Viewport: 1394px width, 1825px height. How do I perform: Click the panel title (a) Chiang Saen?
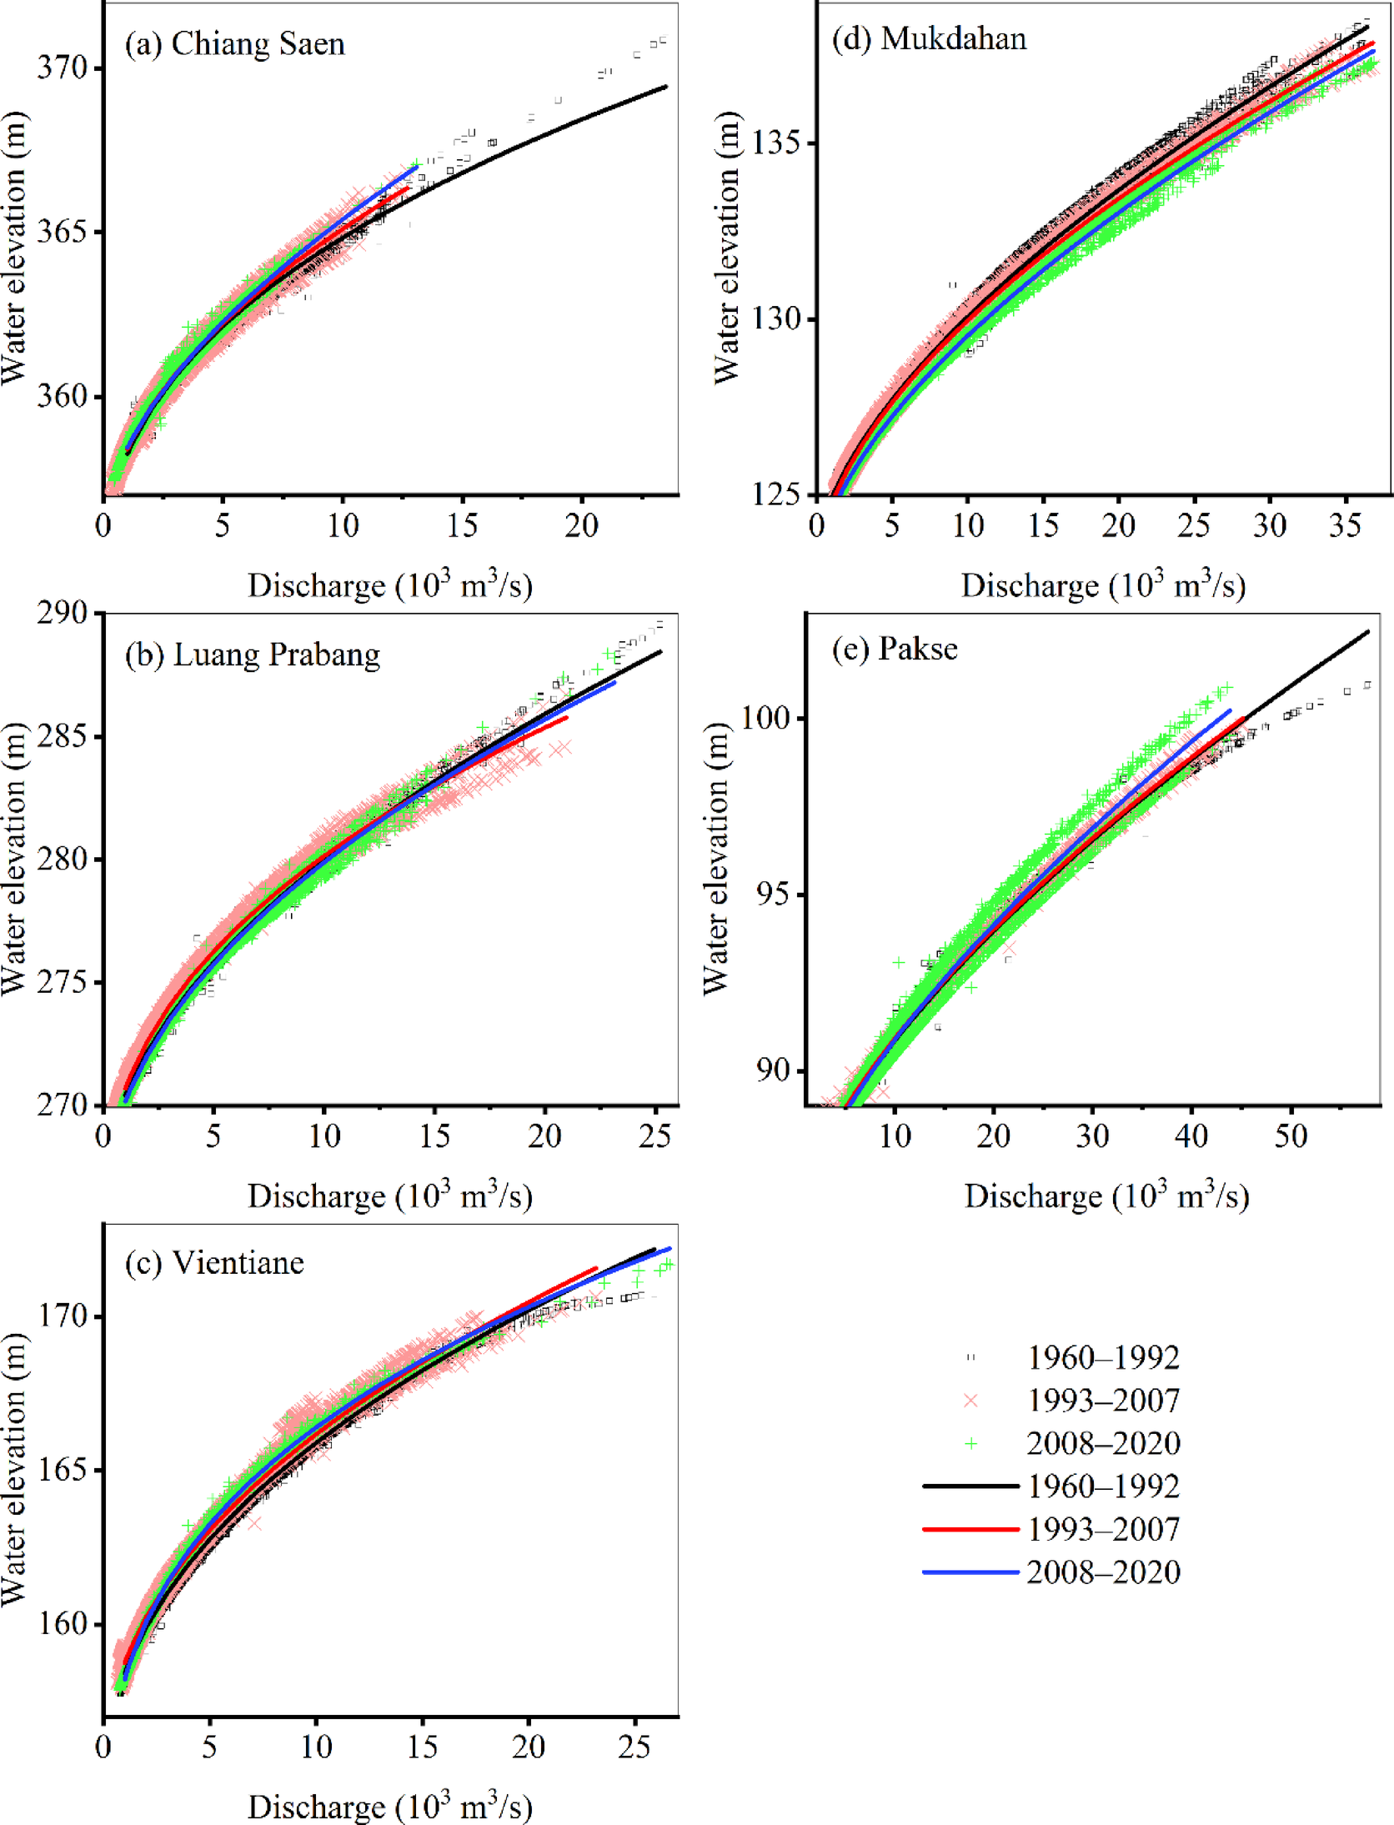point(234,43)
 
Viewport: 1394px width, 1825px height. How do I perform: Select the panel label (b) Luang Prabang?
point(252,654)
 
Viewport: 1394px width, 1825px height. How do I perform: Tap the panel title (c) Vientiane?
point(214,1263)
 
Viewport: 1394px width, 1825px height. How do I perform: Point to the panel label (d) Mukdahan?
point(929,38)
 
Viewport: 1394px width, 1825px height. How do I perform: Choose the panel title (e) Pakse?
point(895,649)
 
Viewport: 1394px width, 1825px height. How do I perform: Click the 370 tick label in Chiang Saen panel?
point(62,68)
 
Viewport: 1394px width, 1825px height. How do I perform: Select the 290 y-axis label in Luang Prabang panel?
point(62,613)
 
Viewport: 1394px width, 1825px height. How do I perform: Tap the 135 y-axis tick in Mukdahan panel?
point(775,143)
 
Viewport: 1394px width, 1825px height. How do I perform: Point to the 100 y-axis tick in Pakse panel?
point(765,717)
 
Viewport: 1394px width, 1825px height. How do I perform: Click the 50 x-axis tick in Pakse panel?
point(1291,1135)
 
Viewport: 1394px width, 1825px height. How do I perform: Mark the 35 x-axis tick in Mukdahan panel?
point(1345,524)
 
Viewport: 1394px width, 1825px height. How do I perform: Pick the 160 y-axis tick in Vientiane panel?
point(63,1624)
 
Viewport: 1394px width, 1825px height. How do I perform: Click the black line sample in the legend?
point(970,1486)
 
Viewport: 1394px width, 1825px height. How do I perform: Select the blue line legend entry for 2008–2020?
point(970,1572)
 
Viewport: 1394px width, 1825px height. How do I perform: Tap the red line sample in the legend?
point(970,1529)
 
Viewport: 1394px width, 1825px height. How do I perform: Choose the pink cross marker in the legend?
point(970,1400)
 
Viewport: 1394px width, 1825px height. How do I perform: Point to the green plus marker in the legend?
point(970,1443)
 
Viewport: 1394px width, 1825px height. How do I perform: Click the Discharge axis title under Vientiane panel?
point(389,1806)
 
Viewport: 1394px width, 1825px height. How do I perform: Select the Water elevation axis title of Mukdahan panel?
point(727,247)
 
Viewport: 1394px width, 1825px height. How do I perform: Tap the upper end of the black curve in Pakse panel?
point(1367,632)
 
